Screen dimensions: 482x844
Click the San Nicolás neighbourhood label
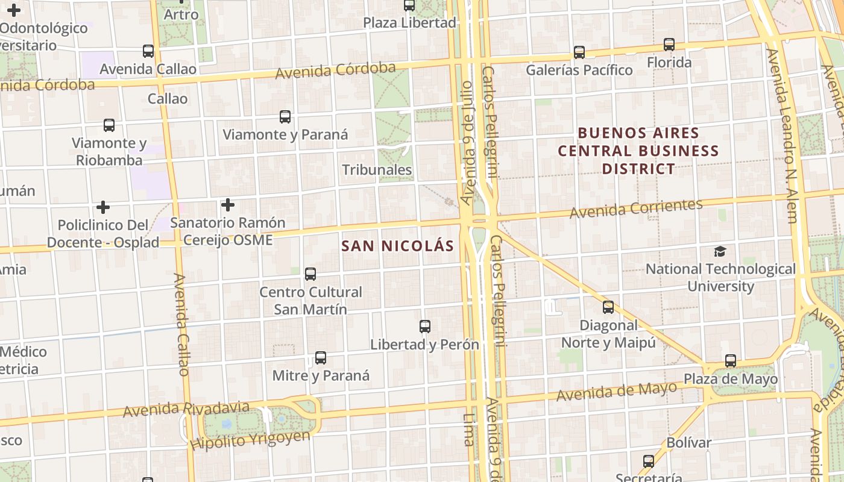(x=397, y=246)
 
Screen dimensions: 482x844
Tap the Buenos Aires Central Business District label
(x=638, y=151)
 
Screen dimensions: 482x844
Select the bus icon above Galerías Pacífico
(x=579, y=52)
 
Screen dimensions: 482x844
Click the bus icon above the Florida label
(x=669, y=45)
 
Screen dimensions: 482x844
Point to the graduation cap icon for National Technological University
(x=720, y=251)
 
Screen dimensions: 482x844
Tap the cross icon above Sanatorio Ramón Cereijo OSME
(x=227, y=205)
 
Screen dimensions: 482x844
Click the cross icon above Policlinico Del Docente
(x=103, y=207)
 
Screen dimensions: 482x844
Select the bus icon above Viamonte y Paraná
(x=285, y=117)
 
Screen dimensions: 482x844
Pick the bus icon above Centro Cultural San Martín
(x=310, y=274)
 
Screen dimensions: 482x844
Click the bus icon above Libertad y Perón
(x=425, y=327)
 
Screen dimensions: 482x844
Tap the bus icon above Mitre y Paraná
(x=321, y=358)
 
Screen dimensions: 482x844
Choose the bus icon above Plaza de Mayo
(x=731, y=361)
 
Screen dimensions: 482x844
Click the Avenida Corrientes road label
(x=636, y=208)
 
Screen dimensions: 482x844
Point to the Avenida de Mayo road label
(x=617, y=392)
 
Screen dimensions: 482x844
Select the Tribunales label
(x=377, y=170)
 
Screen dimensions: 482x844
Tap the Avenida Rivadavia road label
(x=186, y=409)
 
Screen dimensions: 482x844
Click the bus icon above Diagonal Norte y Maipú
(x=608, y=307)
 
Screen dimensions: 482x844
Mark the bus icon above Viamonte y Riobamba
(x=109, y=125)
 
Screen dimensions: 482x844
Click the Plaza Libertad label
(x=409, y=23)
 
